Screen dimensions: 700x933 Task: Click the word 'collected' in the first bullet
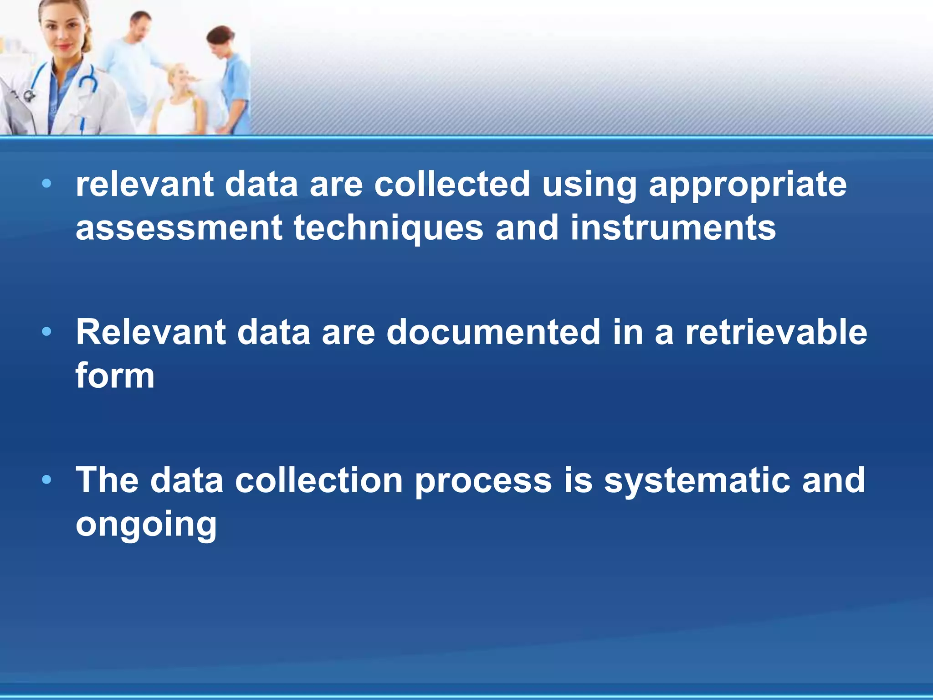click(x=452, y=185)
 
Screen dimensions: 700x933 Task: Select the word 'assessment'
click(x=179, y=228)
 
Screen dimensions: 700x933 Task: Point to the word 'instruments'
click(x=673, y=228)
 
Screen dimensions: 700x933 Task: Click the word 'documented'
click(x=493, y=332)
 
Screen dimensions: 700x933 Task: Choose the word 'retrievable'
click(x=776, y=332)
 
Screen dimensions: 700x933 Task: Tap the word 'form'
click(x=115, y=376)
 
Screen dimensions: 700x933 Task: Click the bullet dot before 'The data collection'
click(x=46, y=480)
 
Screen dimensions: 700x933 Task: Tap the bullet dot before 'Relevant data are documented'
click(x=46, y=332)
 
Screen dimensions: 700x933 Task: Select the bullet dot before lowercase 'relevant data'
click(x=46, y=184)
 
